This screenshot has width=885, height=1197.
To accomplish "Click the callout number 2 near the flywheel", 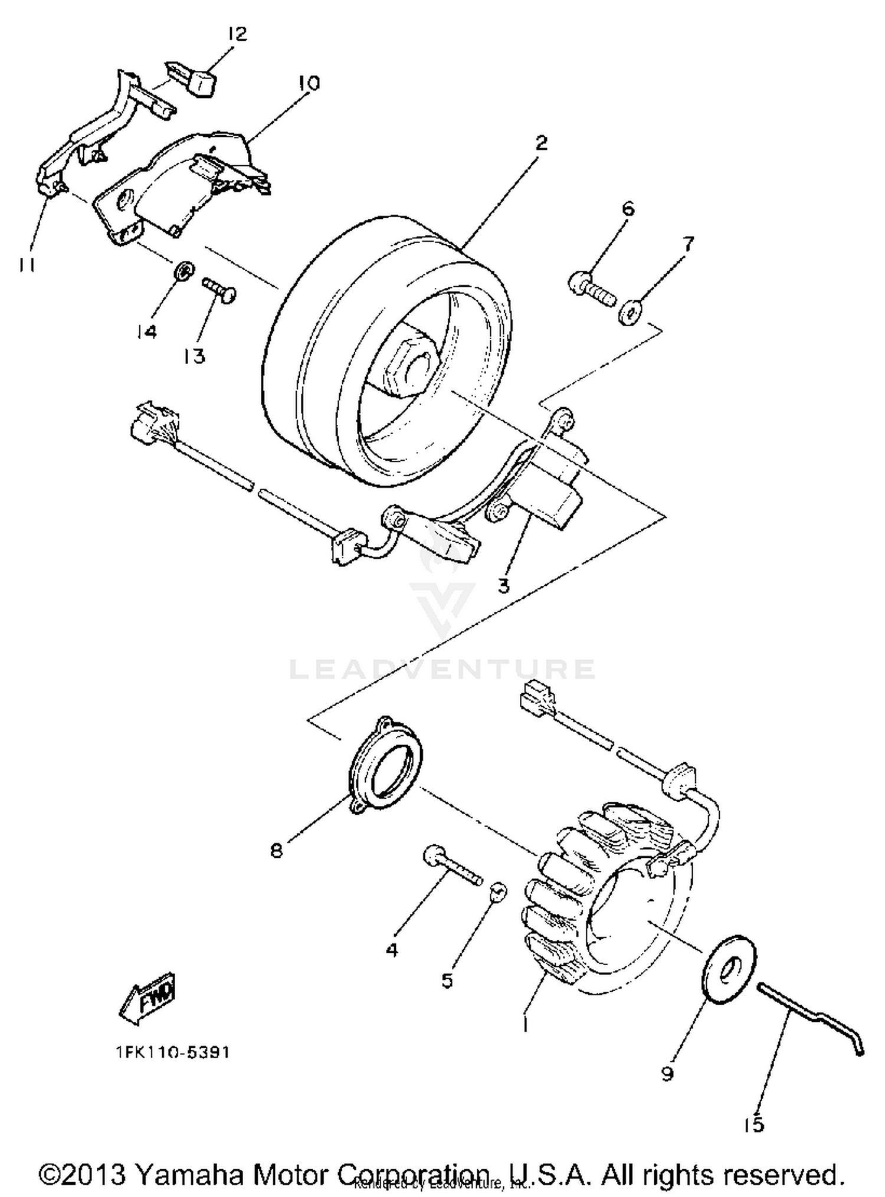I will tap(540, 143).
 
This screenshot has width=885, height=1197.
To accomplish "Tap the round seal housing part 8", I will tap(385, 763).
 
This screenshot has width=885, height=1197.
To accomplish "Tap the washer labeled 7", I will tap(631, 311).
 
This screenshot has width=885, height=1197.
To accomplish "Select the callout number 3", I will tap(503, 586).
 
